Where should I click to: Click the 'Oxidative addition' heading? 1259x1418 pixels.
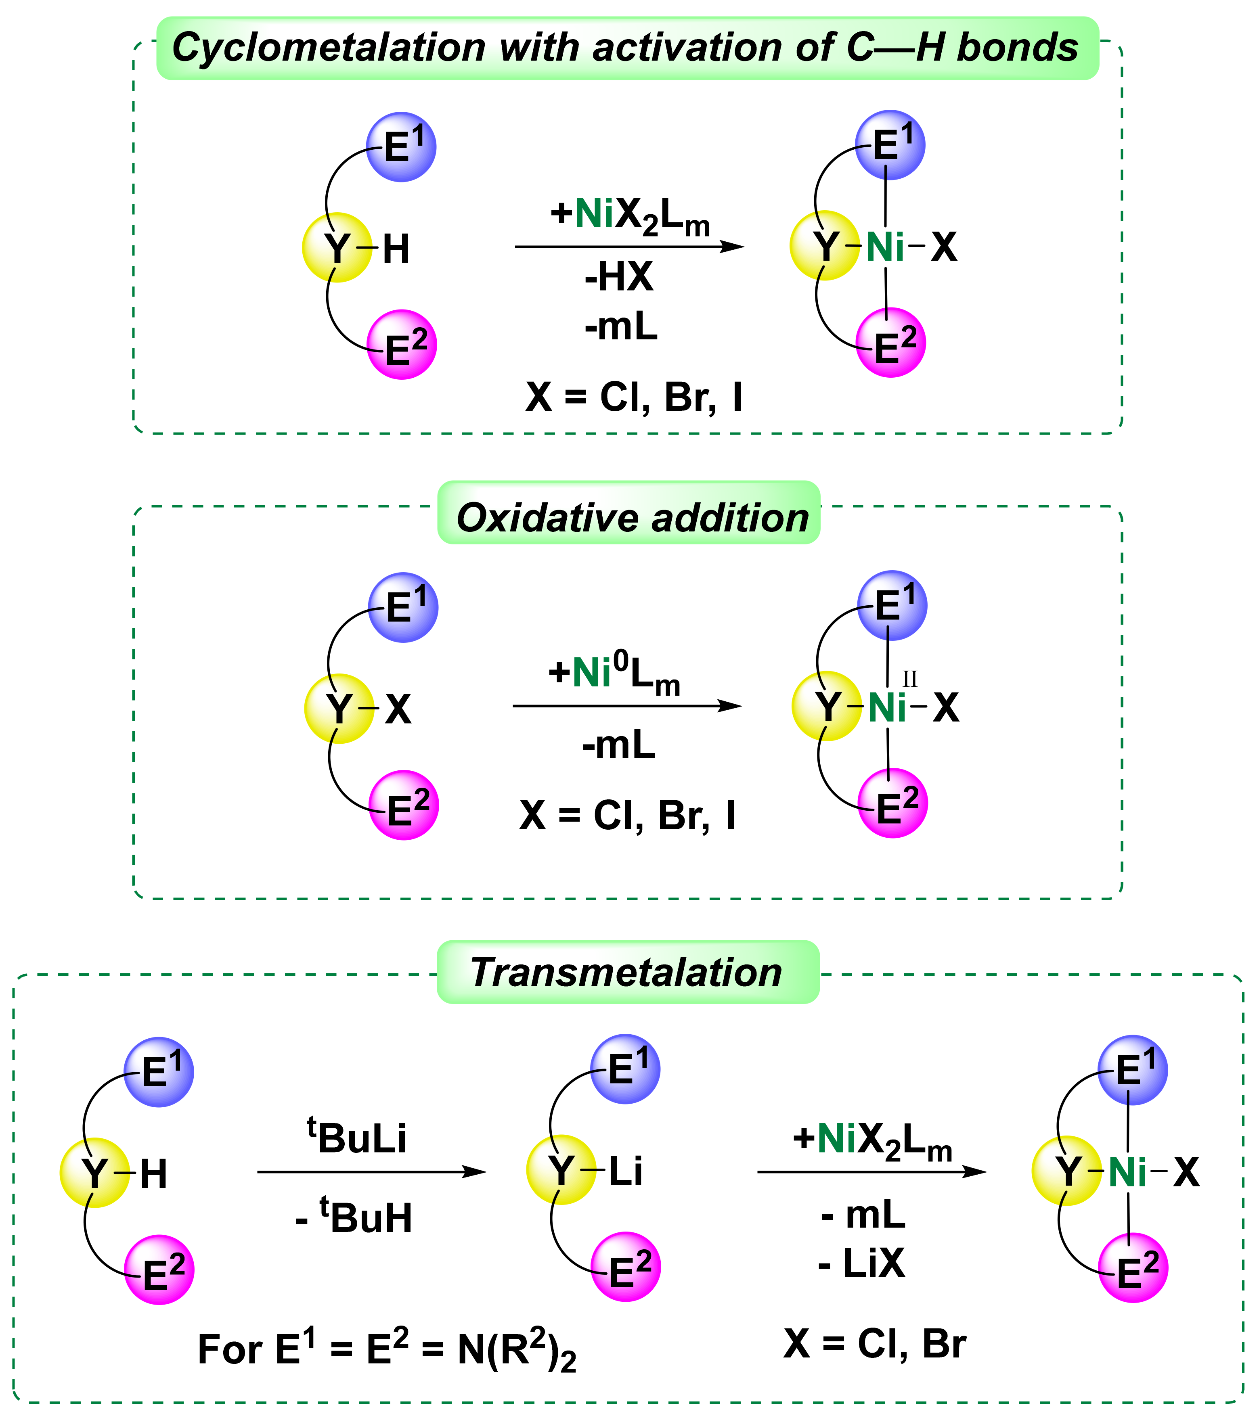click(632, 518)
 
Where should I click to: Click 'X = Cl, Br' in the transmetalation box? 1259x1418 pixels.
click(874, 1344)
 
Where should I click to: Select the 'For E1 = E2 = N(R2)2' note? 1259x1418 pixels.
click(387, 1349)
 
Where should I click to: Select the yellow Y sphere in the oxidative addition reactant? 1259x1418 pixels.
click(339, 708)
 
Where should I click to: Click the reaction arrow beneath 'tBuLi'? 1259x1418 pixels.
click(371, 1172)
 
